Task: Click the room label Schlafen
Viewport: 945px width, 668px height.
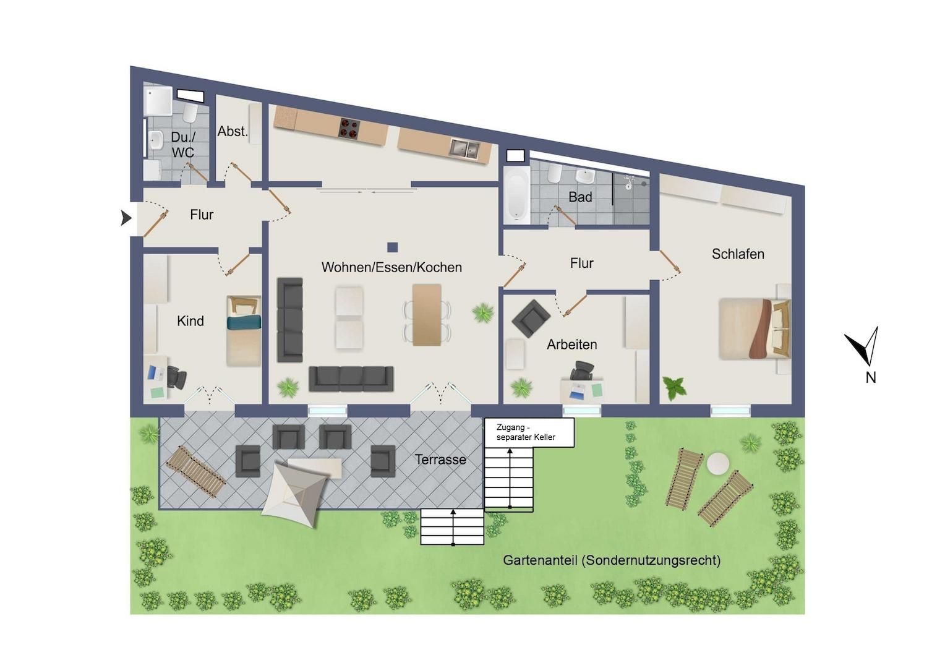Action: tap(738, 254)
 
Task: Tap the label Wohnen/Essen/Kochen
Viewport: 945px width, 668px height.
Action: tap(391, 267)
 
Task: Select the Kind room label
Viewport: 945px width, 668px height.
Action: tap(190, 321)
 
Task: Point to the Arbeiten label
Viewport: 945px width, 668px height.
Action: tap(571, 345)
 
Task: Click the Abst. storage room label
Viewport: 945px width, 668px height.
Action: tap(233, 132)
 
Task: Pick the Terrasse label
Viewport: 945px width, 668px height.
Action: tap(440, 460)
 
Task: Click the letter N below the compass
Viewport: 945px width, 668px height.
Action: tap(870, 378)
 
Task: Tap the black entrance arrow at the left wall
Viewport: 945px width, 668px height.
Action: tap(126, 218)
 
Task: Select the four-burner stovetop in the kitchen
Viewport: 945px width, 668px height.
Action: tap(349, 129)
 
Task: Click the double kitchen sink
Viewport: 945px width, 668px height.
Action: tap(464, 148)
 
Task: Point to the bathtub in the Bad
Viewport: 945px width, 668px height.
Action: tap(517, 194)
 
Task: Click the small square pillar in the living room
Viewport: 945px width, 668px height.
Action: tap(392, 247)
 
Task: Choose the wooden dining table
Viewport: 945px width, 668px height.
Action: tap(427, 315)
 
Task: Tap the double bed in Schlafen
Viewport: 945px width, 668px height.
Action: tap(755, 329)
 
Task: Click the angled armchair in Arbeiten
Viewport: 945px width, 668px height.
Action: tap(531, 319)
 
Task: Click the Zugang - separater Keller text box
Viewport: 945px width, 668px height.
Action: tap(529, 432)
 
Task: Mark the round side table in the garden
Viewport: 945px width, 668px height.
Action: tap(717, 463)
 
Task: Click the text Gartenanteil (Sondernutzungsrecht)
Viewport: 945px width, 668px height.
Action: tap(612, 560)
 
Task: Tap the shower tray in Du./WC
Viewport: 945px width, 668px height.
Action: tap(158, 101)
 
